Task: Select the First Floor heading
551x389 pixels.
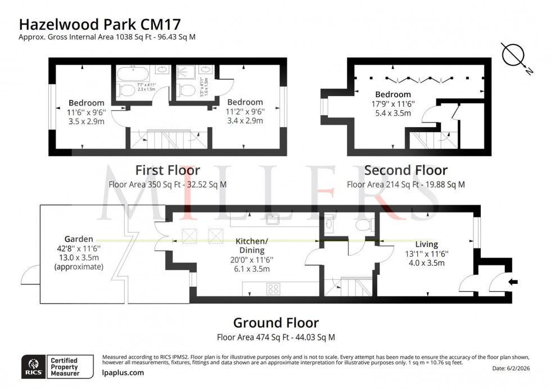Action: click(167, 170)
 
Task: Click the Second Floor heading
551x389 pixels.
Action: click(405, 170)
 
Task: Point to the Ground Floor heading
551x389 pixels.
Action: click(275, 323)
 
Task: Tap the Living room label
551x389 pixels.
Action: click(426, 244)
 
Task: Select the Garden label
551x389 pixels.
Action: click(79, 238)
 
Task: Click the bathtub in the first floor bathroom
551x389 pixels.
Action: click(133, 74)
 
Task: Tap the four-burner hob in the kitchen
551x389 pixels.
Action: click(273, 289)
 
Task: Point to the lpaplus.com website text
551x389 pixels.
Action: click(123, 373)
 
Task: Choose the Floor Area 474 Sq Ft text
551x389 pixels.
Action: click(275, 338)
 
